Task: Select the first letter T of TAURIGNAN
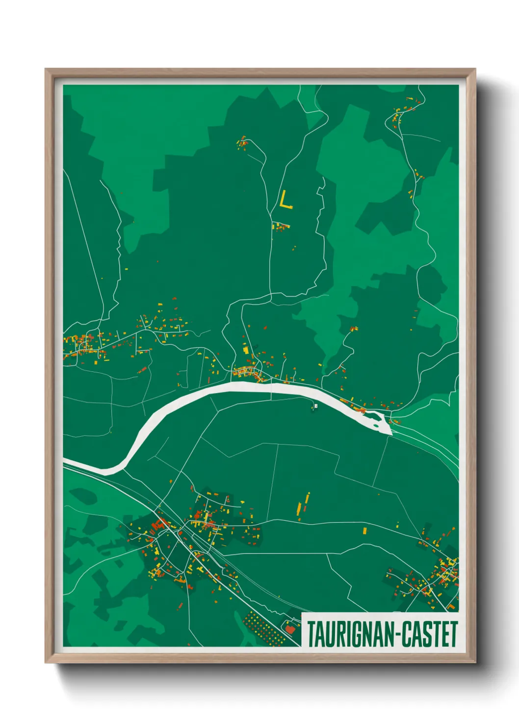coord(311,634)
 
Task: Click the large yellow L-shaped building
coord(285,200)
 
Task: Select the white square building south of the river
coord(316,406)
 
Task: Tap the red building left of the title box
coord(290,627)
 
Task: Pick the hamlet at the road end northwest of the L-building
coord(242,143)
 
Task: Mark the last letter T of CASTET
coord(453,634)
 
